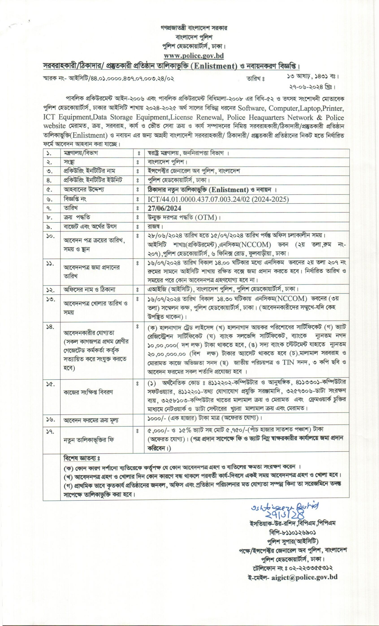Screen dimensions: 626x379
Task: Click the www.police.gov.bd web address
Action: click(x=194, y=56)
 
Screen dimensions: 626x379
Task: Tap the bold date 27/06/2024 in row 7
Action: click(x=165, y=208)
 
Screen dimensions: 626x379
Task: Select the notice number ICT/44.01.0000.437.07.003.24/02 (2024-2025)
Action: click(x=218, y=199)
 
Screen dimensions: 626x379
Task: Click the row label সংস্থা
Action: click(x=69, y=162)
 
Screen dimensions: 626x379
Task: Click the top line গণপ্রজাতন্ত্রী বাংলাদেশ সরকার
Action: click(x=194, y=28)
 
